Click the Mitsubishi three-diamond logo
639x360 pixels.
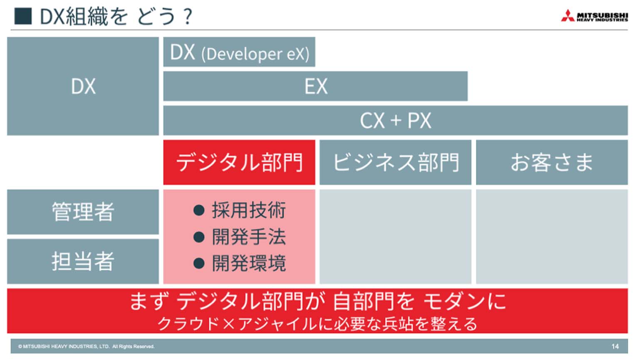coord(568,16)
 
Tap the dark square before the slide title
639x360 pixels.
coord(23,16)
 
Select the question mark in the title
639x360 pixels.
coord(188,17)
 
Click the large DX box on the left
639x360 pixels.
coord(83,86)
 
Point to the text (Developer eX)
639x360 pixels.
coord(255,54)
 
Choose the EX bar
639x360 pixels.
coord(315,86)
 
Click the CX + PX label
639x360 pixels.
coord(395,121)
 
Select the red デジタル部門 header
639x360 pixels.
coord(239,162)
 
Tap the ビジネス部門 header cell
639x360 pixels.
coord(395,162)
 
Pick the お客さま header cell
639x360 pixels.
coord(552,162)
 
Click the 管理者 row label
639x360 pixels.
coord(83,212)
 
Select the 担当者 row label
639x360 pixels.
coord(83,261)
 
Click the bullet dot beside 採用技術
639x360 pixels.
coord(199,210)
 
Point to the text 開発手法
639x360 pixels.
coord(249,237)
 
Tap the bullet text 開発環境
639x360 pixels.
coord(249,263)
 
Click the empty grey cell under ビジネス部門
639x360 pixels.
coord(395,237)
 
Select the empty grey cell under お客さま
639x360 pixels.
coord(552,237)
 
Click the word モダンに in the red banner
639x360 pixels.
coord(465,301)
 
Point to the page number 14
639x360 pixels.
coord(615,346)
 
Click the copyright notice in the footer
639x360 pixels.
coord(86,346)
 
